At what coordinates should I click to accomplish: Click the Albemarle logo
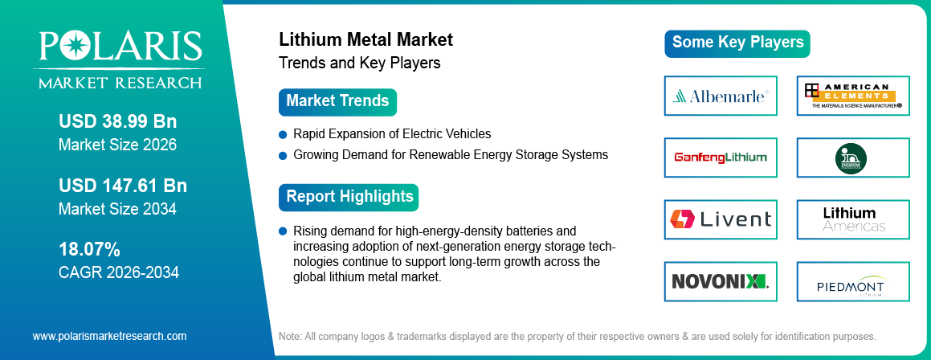coord(721,96)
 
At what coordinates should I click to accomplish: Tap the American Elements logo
coord(853,96)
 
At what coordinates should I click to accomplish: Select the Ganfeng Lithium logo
coord(721,157)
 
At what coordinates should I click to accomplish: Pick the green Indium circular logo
coord(853,157)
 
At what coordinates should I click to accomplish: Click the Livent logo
coord(721,219)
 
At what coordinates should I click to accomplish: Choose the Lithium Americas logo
coord(853,219)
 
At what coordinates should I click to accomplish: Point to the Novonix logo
coord(721,280)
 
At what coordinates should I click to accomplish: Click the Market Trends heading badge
coord(337,101)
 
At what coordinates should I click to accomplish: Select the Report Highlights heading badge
coord(349,197)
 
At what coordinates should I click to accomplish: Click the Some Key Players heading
coord(737,43)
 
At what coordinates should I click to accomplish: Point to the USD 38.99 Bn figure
coord(117,122)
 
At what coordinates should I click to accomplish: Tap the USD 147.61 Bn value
coord(122,186)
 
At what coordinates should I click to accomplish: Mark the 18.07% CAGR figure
coord(89,248)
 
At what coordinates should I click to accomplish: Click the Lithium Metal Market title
coord(365,39)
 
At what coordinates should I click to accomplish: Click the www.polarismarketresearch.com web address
coord(109,336)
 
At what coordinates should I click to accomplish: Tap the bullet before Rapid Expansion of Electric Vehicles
coord(283,134)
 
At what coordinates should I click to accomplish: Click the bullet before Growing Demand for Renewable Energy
coord(283,154)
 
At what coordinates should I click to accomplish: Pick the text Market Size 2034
coord(117,209)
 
